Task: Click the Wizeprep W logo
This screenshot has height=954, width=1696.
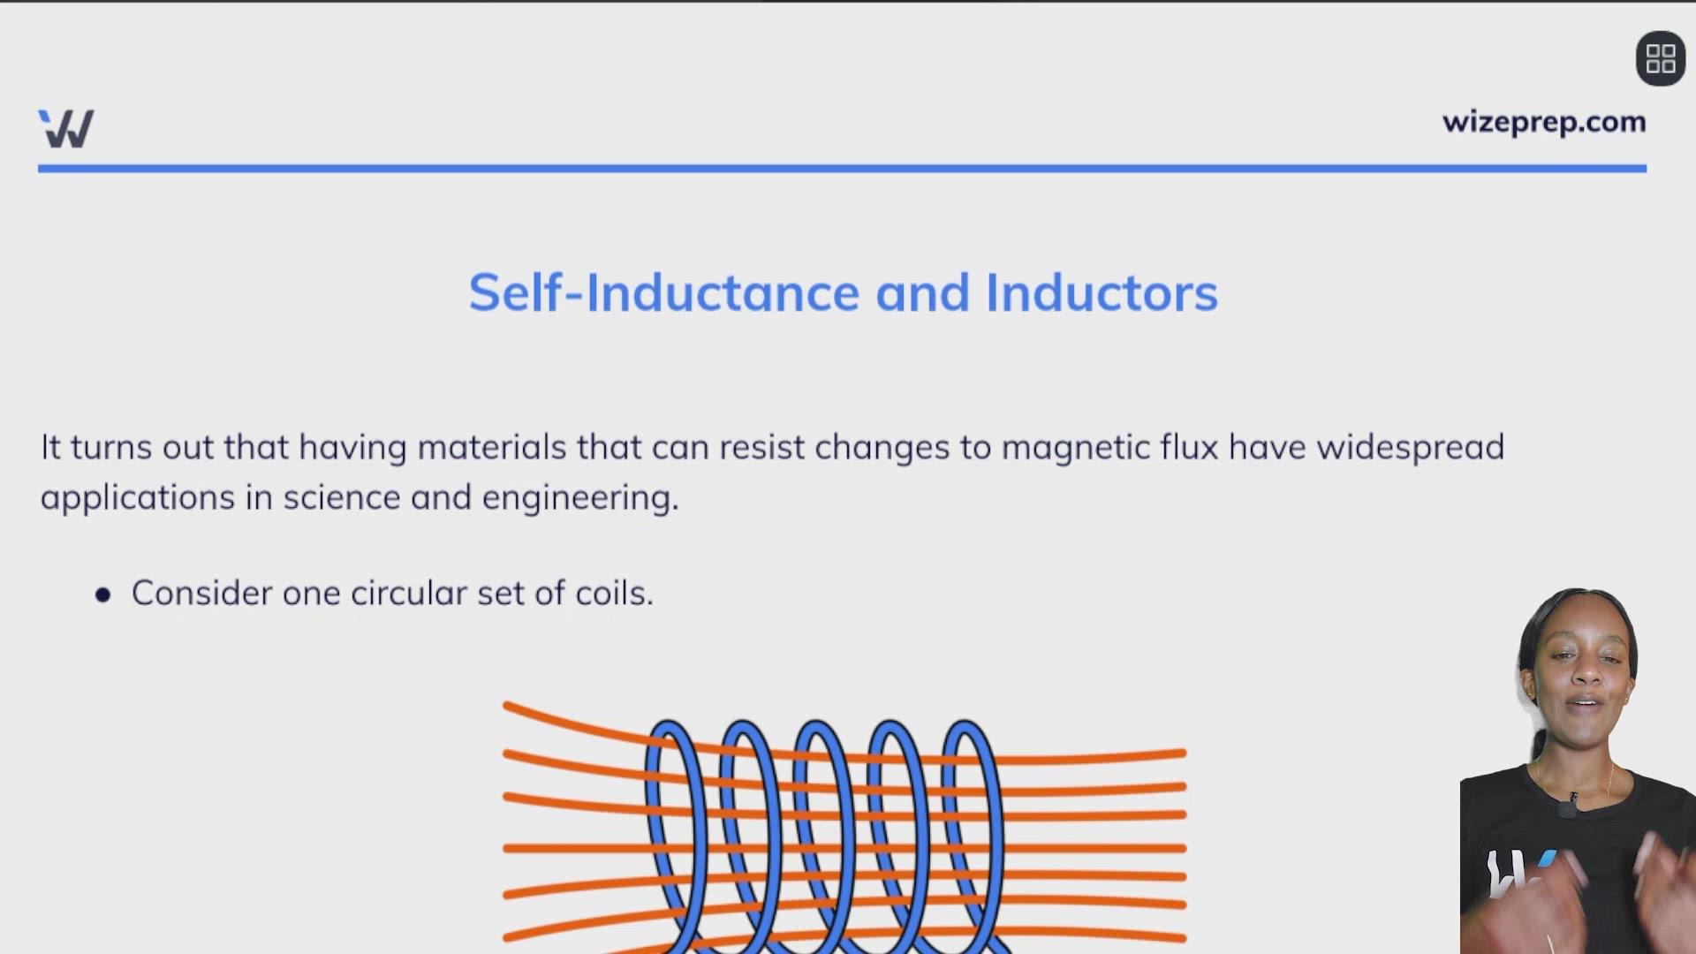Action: click(66, 129)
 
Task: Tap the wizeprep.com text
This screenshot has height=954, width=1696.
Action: click(1543, 122)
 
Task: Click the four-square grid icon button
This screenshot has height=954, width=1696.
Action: click(1660, 59)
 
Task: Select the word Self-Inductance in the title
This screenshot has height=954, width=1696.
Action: click(663, 292)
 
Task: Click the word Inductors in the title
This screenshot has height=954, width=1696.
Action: click(1101, 292)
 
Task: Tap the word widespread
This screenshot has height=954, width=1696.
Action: click(1410, 448)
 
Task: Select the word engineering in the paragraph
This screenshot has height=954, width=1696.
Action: click(579, 498)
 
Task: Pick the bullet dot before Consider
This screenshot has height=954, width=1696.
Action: click(103, 594)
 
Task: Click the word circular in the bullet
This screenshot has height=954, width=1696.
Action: click(408, 593)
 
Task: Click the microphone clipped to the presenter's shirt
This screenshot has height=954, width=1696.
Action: click(1569, 806)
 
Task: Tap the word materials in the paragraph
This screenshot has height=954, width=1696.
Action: click(491, 448)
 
